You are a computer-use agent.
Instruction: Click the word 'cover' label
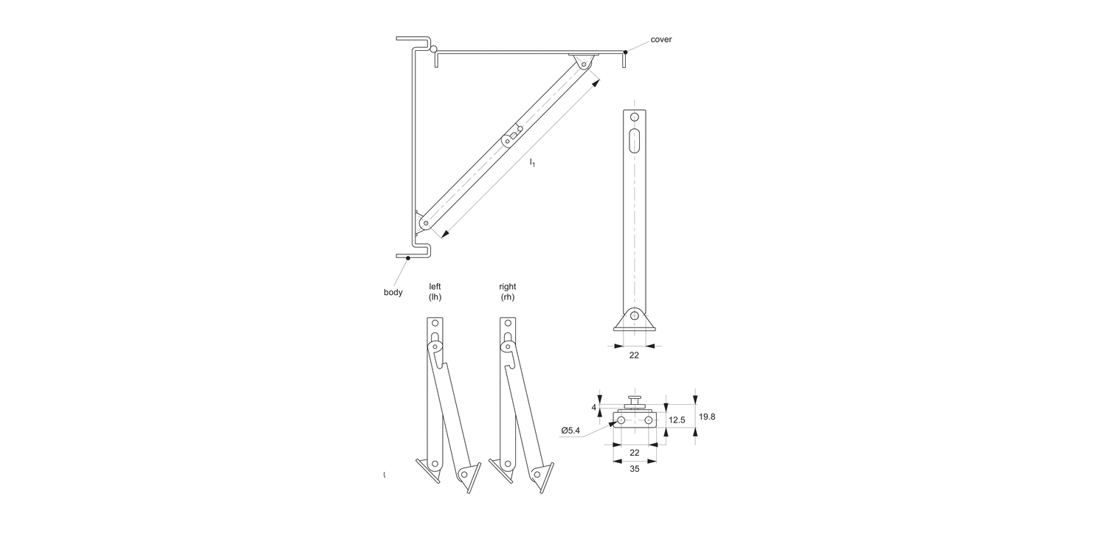click(x=661, y=39)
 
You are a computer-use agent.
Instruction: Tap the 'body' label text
click(x=393, y=292)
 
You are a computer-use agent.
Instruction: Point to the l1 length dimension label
click(x=532, y=162)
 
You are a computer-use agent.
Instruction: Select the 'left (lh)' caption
click(x=435, y=292)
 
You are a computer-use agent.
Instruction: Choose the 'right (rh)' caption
click(x=507, y=292)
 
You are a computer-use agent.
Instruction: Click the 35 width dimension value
click(x=634, y=469)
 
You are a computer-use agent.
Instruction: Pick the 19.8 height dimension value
click(x=707, y=417)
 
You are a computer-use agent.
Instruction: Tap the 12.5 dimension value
click(x=677, y=420)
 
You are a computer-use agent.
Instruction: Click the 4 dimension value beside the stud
click(x=593, y=407)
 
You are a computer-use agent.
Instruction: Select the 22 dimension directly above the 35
click(x=634, y=452)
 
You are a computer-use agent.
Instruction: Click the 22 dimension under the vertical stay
click(x=634, y=355)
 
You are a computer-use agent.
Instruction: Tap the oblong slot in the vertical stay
click(x=634, y=140)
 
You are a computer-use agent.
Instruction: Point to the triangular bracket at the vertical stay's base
click(x=634, y=319)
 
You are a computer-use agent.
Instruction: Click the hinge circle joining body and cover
click(x=434, y=49)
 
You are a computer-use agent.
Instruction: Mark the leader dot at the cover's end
click(x=625, y=52)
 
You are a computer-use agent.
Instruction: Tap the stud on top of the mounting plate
click(x=634, y=401)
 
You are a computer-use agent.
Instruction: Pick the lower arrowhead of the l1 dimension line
click(x=445, y=234)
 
